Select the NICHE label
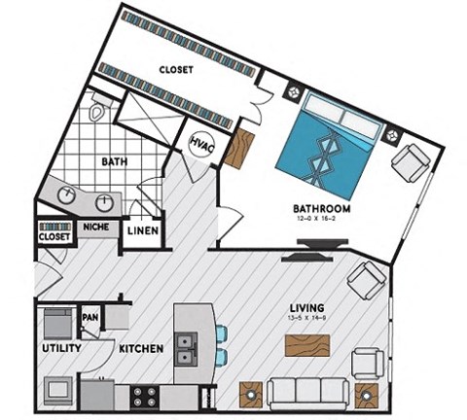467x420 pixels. (x=95, y=227)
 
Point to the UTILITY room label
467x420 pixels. (x=59, y=347)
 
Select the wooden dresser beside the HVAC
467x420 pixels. (x=237, y=146)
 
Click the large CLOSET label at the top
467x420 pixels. (x=175, y=70)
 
